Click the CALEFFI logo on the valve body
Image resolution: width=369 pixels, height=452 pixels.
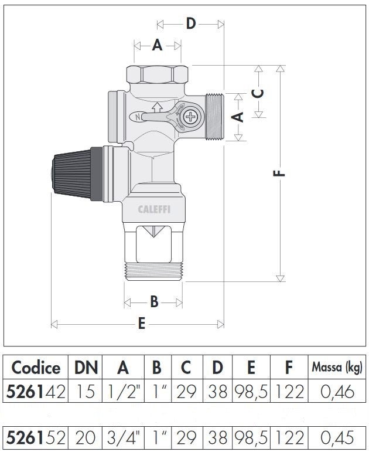[154, 209]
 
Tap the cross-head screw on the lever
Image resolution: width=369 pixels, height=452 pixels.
[190, 117]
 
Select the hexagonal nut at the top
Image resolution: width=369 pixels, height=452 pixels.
[158, 74]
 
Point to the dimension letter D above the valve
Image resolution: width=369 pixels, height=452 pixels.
[191, 23]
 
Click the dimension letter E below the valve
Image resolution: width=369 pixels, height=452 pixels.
[141, 324]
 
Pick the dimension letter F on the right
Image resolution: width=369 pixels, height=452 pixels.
[279, 174]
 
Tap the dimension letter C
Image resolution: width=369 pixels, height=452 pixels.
[258, 93]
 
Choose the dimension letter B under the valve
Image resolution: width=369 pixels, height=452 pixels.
[155, 302]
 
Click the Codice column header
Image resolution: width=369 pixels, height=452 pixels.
[36, 368]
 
